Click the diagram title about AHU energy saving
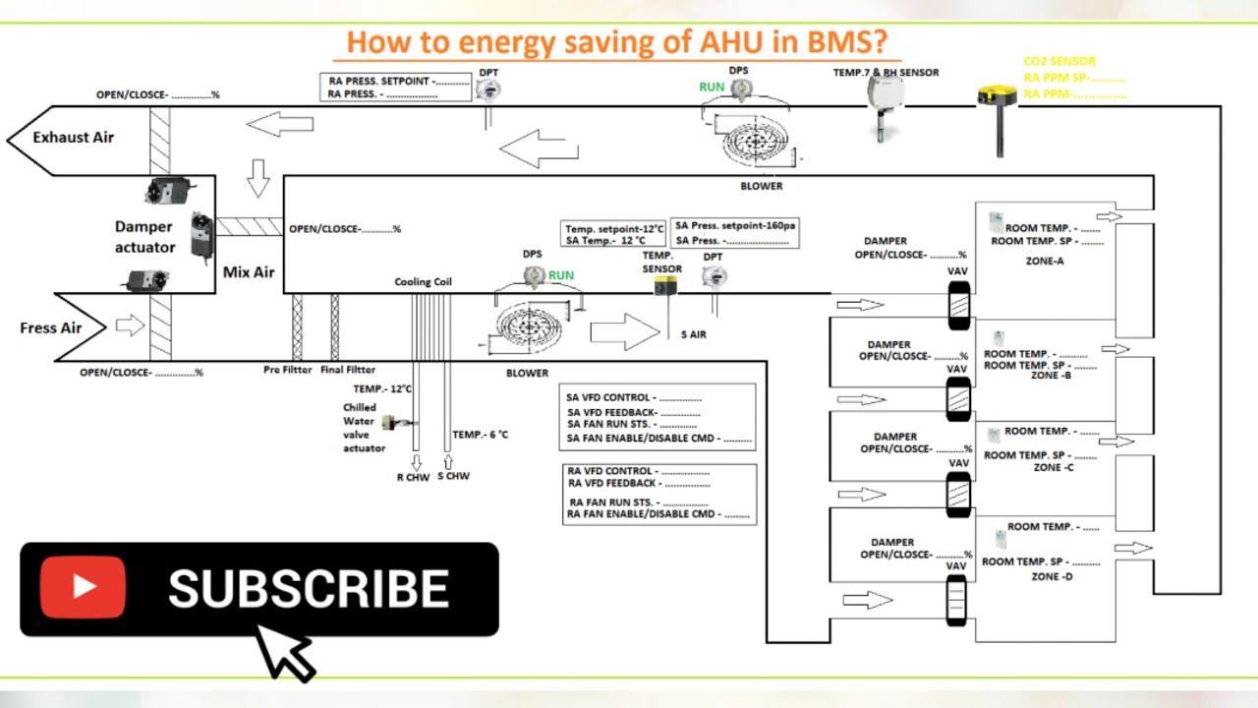tap(617, 42)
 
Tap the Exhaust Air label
tap(74, 138)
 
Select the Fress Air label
tap(51, 327)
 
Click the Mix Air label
tap(249, 272)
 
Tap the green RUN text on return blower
tap(712, 88)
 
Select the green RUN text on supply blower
tap(561, 275)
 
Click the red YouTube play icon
tap(83, 587)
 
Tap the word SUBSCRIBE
tap(309, 589)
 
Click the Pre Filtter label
tap(287, 370)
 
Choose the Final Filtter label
tap(348, 370)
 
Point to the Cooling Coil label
tap(424, 282)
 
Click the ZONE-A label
tap(1045, 262)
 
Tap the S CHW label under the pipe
tap(453, 476)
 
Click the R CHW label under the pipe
tap(413, 477)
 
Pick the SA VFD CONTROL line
tap(634, 397)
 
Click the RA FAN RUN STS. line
tap(638, 501)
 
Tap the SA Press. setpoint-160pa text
tap(735, 226)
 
